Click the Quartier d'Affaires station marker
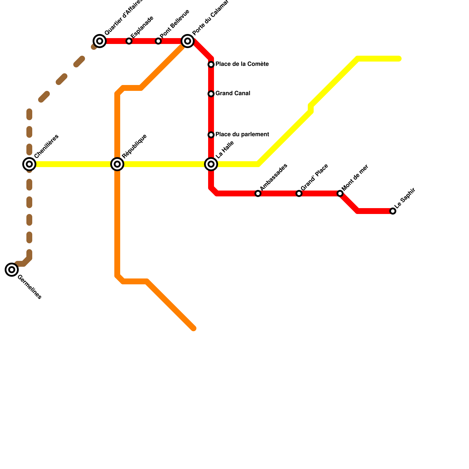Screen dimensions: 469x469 point(100,41)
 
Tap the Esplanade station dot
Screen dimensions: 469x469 point(129,41)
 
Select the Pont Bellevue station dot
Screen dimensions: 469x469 point(158,41)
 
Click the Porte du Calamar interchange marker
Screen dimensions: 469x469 point(188,41)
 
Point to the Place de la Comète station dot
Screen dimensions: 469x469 point(211,64)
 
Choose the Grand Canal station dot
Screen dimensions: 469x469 point(211,94)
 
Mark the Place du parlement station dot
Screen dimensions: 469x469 point(211,135)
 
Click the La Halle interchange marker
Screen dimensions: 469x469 point(211,164)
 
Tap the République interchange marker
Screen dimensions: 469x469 point(117,164)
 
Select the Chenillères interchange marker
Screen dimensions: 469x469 point(29,164)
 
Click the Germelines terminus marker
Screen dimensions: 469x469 point(12,269)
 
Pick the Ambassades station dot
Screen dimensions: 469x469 point(258,193)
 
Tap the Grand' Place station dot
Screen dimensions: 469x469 point(299,193)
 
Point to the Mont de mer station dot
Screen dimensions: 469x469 point(340,193)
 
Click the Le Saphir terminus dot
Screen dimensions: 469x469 point(393,211)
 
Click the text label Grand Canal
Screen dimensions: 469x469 point(233,94)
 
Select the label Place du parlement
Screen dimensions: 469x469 point(242,135)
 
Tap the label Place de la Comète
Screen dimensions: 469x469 point(242,64)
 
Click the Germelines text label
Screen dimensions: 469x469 point(29,287)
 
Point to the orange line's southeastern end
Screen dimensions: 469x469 point(193,328)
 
